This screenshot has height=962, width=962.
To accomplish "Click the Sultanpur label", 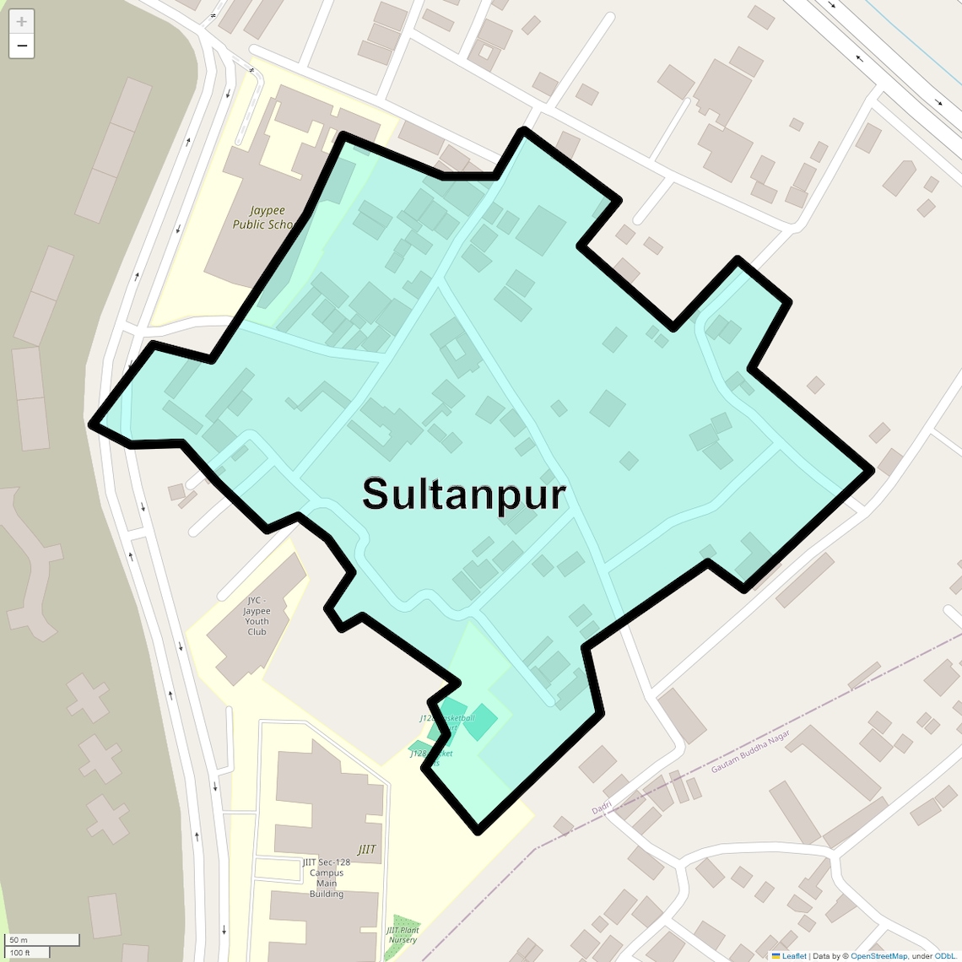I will (x=464, y=495).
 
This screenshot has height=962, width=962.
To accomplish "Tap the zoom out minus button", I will (x=21, y=46).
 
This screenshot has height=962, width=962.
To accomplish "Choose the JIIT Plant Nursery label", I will (x=403, y=935).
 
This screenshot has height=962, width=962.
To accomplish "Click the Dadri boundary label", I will (x=602, y=808).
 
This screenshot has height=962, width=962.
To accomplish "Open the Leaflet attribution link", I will (x=793, y=956).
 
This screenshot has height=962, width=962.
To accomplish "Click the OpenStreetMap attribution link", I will (x=878, y=956).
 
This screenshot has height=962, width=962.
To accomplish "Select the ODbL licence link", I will (x=945, y=956).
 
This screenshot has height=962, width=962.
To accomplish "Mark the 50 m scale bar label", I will (x=19, y=940).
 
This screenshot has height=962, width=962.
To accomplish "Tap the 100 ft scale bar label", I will (x=20, y=953).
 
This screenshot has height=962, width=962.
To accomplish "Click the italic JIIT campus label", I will (x=366, y=850).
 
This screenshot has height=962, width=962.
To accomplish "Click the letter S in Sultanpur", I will (x=377, y=495).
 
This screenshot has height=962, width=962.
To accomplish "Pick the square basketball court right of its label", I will (x=480, y=722).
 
